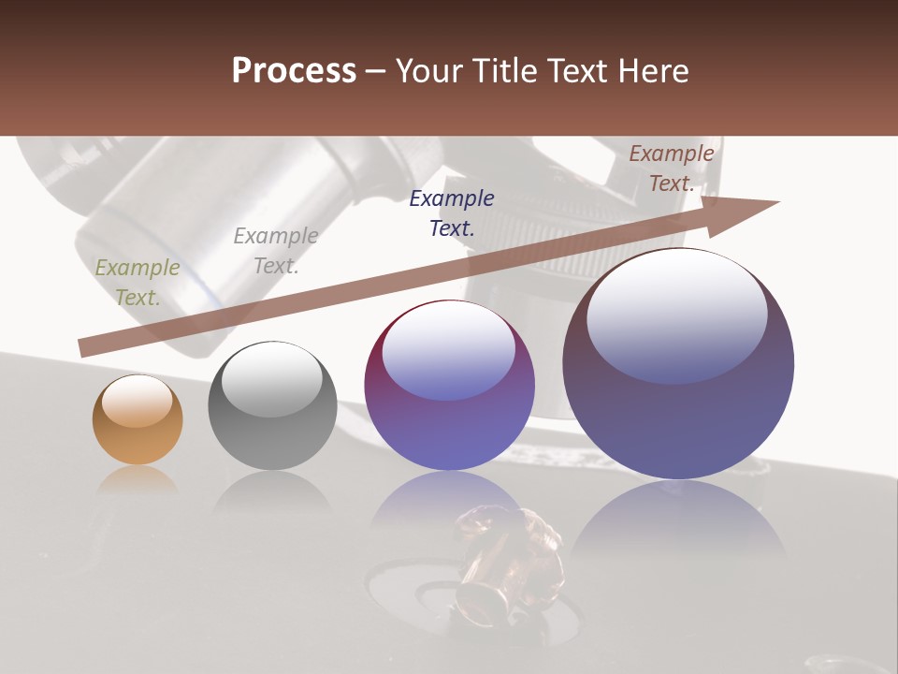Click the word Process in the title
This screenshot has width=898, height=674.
tap(294, 71)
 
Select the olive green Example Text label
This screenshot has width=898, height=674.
tap(138, 283)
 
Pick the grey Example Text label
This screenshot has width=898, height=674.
tap(276, 251)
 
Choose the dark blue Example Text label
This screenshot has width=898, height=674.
tap(452, 212)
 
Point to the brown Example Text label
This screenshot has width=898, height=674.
tap(672, 168)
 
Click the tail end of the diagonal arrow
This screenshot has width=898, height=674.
tap(86, 347)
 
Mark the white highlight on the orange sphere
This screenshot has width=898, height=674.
tap(138, 402)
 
